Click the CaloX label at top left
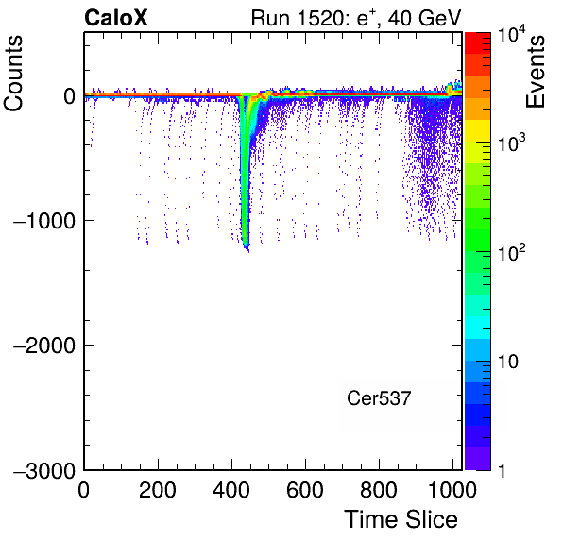coord(116,18)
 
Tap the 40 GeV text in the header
coord(424,18)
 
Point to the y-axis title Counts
coord(13,74)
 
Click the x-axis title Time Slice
coord(401,519)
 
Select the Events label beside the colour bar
coord(535,72)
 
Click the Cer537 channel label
coord(379,398)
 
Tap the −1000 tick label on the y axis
coord(44,221)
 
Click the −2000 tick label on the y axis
coord(44,346)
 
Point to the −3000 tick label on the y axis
coord(44,471)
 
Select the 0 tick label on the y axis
coord(69,96)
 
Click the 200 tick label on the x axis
coord(158,490)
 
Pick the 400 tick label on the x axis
coord(231,490)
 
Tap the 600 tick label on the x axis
coord(305,490)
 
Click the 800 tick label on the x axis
coord(379,490)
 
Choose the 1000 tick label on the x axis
coord(452,490)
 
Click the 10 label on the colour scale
coord(508,362)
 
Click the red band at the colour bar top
coord(478,43)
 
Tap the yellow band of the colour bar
coord(478,130)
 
